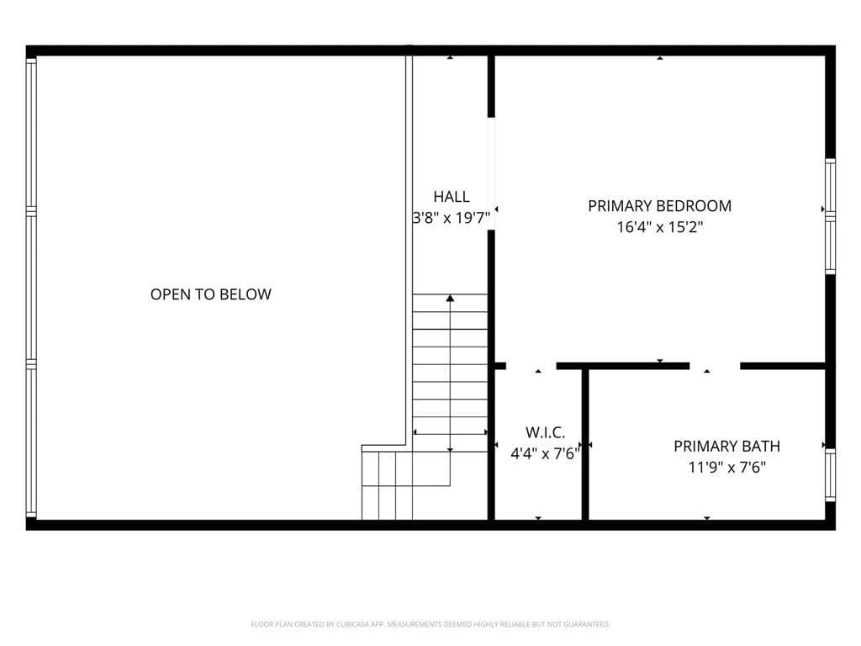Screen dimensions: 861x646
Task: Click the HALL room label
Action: [452, 197]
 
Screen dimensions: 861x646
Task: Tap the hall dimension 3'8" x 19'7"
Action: [452, 218]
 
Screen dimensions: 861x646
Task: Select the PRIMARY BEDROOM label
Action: [659, 206]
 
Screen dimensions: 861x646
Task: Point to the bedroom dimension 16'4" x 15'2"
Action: [659, 227]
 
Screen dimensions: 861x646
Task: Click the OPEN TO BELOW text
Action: [211, 294]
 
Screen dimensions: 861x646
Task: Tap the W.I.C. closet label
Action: [545, 432]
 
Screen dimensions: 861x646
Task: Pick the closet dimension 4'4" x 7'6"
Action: [545, 453]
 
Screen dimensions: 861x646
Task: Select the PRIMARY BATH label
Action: [727, 446]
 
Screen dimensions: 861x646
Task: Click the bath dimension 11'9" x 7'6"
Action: [727, 468]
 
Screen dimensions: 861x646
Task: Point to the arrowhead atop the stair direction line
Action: [451, 299]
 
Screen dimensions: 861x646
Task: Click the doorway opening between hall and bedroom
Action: [491, 173]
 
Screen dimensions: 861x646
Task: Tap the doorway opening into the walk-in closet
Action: [531, 366]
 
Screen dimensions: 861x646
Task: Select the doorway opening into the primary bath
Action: [715, 366]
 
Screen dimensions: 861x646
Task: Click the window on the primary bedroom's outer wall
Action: [830, 216]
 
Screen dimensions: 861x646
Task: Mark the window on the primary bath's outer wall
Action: [830, 475]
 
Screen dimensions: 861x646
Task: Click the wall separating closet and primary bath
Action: [585, 444]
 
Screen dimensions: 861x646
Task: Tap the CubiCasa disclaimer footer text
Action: [430, 624]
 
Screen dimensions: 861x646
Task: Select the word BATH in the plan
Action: [761, 446]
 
